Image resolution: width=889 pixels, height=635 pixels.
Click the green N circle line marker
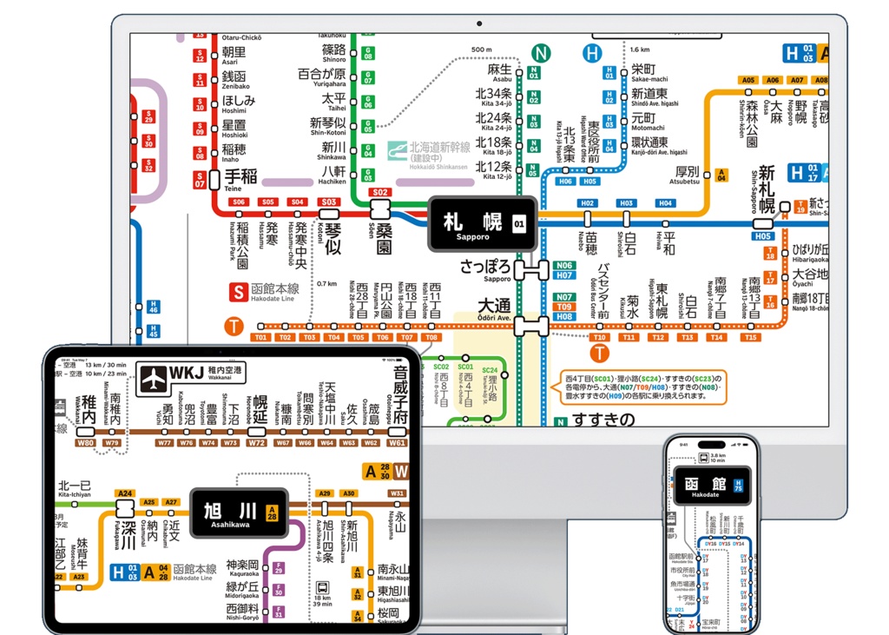click(x=541, y=53)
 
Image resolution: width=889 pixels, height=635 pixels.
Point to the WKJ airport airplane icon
click(x=154, y=378)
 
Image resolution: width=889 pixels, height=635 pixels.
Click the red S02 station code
click(x=379, y=192)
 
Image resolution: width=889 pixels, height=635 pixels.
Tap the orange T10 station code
click(x=599, y=337)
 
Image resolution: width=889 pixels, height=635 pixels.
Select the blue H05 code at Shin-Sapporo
click(x=762, y=235)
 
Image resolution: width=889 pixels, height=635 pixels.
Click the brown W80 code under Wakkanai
click(x=85, y=443)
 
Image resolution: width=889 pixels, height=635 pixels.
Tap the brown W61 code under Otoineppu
click(x=398, y=443)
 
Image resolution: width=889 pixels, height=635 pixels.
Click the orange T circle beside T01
click(x=233, y=327)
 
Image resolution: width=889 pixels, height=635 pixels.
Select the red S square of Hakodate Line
click(x=237, y=292)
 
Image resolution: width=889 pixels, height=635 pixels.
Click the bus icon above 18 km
click(x=322, y=586)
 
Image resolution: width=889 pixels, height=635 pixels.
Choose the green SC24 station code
click(x=490, y=371)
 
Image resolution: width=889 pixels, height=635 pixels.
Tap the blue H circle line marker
click(x=593, y=53)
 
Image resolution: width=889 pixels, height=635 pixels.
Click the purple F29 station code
click(x=279, y=568)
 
